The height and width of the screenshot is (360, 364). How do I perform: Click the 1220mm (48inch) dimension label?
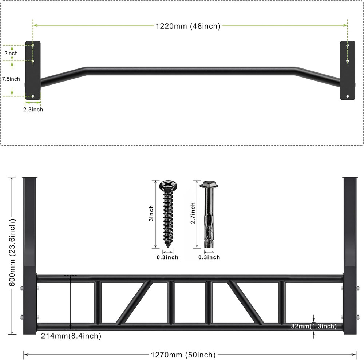[x=188, y=26]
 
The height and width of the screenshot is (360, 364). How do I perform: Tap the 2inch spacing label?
[x=11, y=54]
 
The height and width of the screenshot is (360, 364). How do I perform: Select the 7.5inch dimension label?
[x=11, y=79]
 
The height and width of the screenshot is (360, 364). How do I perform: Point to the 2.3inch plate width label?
[x=32, y=109]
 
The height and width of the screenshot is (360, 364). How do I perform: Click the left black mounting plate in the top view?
[x=32, y=73]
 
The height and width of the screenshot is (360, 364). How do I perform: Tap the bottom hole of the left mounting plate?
[x=33, y=96]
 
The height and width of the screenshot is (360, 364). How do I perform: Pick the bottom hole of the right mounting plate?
[x=347, y=96]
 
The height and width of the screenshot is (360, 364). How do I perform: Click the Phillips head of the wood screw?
[x=168, y=186]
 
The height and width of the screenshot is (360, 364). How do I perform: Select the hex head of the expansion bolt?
[x=209, y=185]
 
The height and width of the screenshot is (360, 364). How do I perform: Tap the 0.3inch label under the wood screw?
[x=167, y=257]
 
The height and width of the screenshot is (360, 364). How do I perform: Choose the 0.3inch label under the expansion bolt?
[x=209, y=257]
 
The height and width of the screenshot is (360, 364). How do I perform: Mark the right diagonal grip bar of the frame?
[x=244, y=302]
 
